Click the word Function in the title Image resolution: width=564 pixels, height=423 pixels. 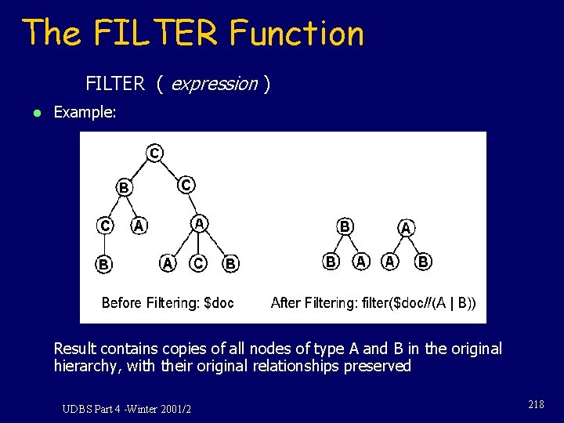[296, 34]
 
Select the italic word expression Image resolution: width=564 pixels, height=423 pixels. [214, 84]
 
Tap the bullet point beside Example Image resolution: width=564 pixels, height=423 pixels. [28, 113]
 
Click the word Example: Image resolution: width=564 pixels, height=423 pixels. [85, 112]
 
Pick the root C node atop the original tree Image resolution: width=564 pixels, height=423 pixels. [155, 153]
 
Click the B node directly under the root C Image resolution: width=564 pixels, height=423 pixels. [124, 187]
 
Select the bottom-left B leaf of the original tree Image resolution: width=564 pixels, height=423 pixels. [103, 264]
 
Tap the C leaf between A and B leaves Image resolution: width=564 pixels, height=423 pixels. [198, 263]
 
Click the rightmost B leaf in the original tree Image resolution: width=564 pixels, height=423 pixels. [230, 264]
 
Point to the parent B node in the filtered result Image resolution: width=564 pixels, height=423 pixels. [344, 226]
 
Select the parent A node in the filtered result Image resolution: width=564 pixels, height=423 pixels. [406, 228]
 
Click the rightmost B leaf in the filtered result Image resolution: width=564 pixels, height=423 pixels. [423, 262]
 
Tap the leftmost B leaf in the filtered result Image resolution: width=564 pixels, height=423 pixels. [331, 261]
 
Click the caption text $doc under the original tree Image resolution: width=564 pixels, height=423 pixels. [219, 302]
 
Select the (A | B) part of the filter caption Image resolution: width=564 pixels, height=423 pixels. [454, 302]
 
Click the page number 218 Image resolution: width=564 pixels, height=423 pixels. [536, 404]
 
